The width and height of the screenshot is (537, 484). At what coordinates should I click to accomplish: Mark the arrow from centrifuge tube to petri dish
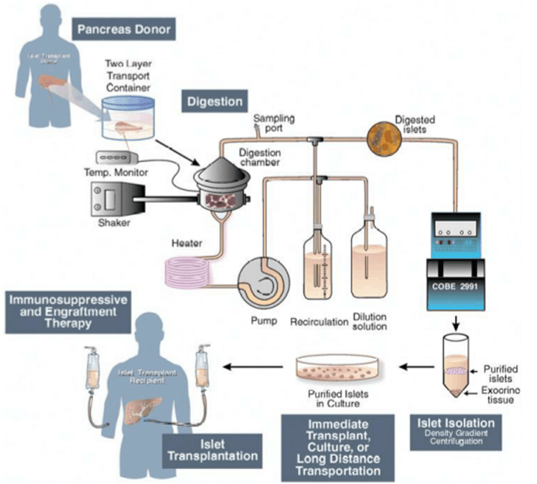415,367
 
